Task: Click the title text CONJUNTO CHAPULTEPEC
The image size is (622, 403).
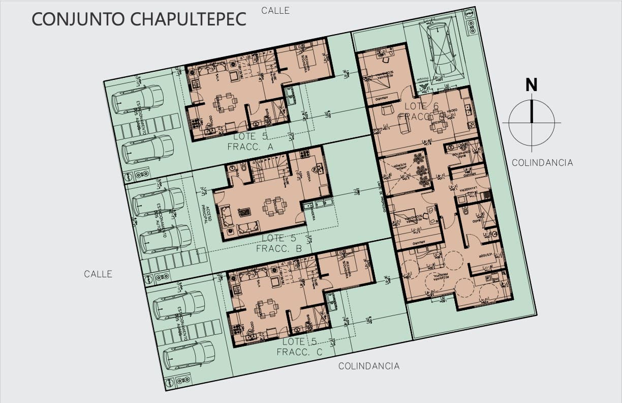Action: [139, 19]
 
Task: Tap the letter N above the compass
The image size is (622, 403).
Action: [531, 85]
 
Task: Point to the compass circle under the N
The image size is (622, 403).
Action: [532, 123]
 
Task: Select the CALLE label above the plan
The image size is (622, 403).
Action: [275, 10]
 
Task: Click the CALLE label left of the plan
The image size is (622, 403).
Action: [98, 274]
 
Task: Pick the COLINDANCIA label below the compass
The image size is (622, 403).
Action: [542, 163]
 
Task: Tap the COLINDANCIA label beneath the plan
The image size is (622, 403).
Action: [369, 366]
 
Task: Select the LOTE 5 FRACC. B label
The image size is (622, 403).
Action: [279, 244]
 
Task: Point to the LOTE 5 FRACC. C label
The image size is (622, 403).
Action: [300, 347]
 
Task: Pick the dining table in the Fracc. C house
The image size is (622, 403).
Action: [266, 307]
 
